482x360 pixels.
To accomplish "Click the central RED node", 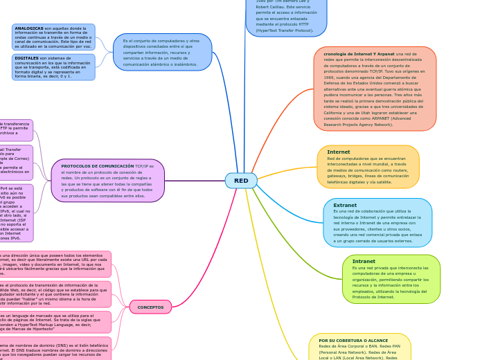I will pyautogui.click(x=241, y=181).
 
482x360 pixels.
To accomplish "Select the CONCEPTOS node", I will pyautogui.click(x=150, y=307).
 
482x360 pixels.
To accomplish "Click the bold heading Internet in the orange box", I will pyautogui.click(x=339, y=152).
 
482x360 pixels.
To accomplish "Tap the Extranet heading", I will pyautogui.click(x=345, y=205).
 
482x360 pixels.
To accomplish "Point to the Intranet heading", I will pyautogui.click(x=364, y=262).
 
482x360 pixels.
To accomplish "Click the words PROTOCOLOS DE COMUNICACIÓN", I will pyautogui.click(x=98, y=166).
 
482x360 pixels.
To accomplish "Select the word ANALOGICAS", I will pyautogui.click(x=29, y=28).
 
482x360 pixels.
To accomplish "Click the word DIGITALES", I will pyautogui.click(x=27, y=58).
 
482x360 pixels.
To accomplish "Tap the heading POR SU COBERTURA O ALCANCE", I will pyautogui.click(x=353, y=341).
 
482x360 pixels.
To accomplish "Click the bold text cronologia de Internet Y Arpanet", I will pyautogui.click(x=359, y=54).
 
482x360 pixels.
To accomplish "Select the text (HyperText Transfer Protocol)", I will pyautogui.click(x=284, y=30).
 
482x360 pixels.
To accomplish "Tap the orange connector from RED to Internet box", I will pyautogui.click(x=287, y=170).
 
